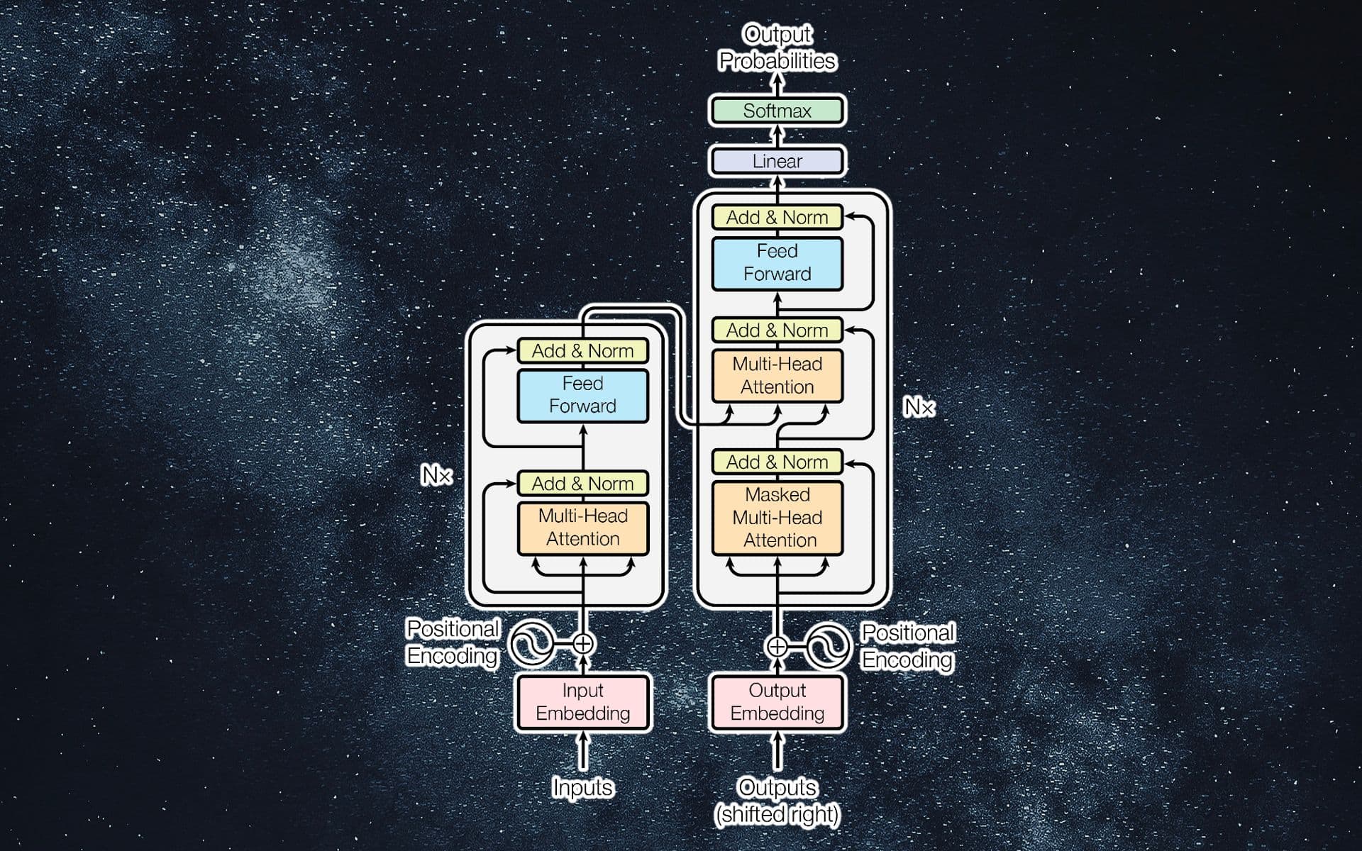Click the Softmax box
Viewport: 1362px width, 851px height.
[x=777, y=111]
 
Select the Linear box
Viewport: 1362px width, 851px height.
[x=777, y=161]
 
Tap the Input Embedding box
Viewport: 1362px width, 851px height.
[x=582, y=701]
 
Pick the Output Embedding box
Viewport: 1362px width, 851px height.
[x=777, y=701]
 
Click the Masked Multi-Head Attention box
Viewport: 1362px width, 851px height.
[x=777, y=517]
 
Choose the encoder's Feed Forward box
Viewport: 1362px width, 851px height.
[x=582, y=395]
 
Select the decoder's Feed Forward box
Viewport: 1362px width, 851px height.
[x=777, y=262]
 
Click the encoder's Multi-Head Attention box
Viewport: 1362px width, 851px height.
[x=582, y=527]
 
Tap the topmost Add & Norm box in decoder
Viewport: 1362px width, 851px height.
[x=777, y=217]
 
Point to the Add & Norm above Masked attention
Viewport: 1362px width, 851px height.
[x=777, y=462]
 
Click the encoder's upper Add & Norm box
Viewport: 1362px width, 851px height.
[x=582, y=350]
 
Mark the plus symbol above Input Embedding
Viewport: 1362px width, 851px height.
[x=582, y=644]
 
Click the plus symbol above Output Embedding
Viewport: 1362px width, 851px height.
[x=777, y=646]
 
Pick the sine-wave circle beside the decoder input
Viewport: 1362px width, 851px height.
[x=828, y=646]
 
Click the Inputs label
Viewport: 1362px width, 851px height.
[x=582, y=787]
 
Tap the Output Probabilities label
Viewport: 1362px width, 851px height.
[x=777, y=48]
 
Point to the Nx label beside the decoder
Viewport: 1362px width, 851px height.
[x=919, y=407]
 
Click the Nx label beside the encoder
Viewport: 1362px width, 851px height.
[x=436, y=474]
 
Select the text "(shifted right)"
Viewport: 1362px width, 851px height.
[x=777, y=814]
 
